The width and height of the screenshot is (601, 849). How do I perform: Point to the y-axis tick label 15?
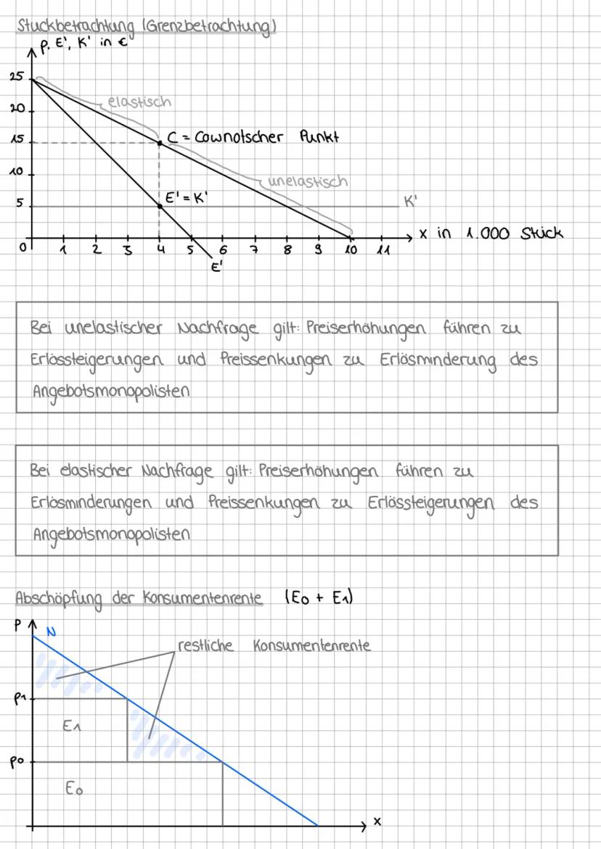click(16, 142)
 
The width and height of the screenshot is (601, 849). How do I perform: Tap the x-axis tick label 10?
click(351, 250)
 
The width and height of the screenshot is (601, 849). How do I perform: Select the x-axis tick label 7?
click(254, 250)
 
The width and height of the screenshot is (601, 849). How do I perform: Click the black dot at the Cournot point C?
click(160, 143)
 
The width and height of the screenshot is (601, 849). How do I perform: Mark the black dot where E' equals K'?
click(160, 207)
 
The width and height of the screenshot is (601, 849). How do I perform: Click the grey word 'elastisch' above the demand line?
click(139, 102)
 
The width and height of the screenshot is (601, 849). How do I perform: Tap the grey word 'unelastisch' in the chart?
click(308, 181)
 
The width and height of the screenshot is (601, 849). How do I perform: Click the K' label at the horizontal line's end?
click(411, 202)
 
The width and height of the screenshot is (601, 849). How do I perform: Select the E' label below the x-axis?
click(216, 267)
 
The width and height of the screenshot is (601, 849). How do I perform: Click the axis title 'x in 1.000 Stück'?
click(491, 234)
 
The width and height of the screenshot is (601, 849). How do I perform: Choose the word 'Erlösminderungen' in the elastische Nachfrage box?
click(91, 502)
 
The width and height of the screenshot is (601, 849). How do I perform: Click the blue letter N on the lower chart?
click(51, 631)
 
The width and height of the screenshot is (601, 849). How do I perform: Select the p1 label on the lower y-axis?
click(20, 698)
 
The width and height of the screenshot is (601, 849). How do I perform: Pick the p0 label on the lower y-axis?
click(20, 763)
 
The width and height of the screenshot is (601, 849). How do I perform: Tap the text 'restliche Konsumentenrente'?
click(274, 645)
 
